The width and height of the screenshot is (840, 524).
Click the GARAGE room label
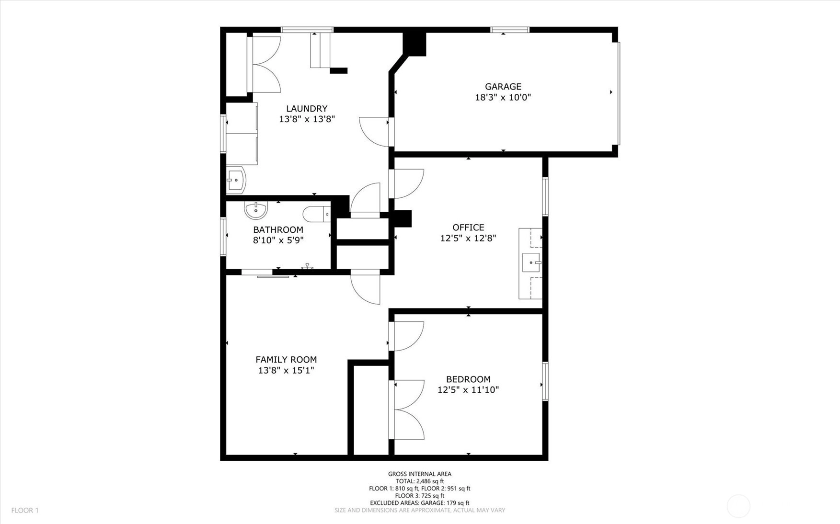click(x=503, y=87)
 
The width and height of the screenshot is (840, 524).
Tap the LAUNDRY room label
click(x=307, y=109)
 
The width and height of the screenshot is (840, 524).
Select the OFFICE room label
click(x=468, y=228)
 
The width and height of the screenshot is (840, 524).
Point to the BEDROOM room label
click(x=468, y=379)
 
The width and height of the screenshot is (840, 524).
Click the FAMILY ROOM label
click(x=286, y=360)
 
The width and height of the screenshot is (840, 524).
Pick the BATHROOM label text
click(x=278, y=230)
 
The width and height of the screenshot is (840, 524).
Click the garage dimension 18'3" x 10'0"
click(x=503, y=97)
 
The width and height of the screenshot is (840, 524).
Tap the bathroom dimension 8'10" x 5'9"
click(x=278, y=240)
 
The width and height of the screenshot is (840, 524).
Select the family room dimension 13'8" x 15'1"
click(x=286, y=370)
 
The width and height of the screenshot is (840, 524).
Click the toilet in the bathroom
click(x=317, y=214)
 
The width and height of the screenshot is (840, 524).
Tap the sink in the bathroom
click(x=256, y=210)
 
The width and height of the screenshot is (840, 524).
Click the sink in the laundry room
click(x=236, y=180)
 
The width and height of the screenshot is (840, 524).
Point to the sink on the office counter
click(x=531, y=262)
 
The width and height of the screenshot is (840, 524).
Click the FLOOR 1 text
click(x=25, y=511)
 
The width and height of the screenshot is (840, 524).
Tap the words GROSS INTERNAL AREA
click(x=420, y=474)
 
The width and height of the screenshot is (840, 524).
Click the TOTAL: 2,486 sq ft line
click(x=420, y=481)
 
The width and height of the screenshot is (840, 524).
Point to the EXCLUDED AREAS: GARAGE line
click(x=420, y=503)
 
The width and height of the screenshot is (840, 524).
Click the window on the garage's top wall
click(x=510, y=30)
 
